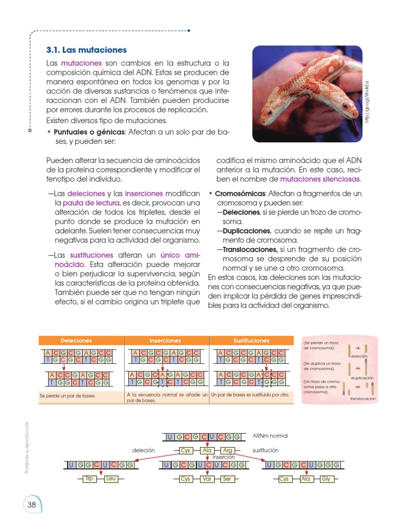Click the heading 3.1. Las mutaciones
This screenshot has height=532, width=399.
pyautogui.click(x=86, y=50)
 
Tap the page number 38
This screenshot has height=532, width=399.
pyautogui.click(x=32, y=506)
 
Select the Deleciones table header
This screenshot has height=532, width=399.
pyautogui.click(x=76, y=341)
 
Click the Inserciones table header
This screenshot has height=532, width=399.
pyautogui.click(x=165, y=341)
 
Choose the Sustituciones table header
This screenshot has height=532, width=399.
pyautogui.click(x=251, y=341)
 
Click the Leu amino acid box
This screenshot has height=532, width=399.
pyautogui.click(x=111, y=479)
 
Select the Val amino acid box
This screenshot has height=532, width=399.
pyautogui.click(x=207, y=479)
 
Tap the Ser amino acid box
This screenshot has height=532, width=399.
pyautogui.click(x=227, y=479)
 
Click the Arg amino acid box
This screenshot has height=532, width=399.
pyautogui.click(x=228, y=450)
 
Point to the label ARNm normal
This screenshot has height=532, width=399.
pyautogui.click(x=270, y=435)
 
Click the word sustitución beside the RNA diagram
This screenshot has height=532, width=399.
pyautogui.click(x=265, y=450)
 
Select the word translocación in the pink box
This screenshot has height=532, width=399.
pyautogui.click(x=363, y=399)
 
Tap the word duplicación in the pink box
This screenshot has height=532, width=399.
pyautogui.click(x=363, y=378)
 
